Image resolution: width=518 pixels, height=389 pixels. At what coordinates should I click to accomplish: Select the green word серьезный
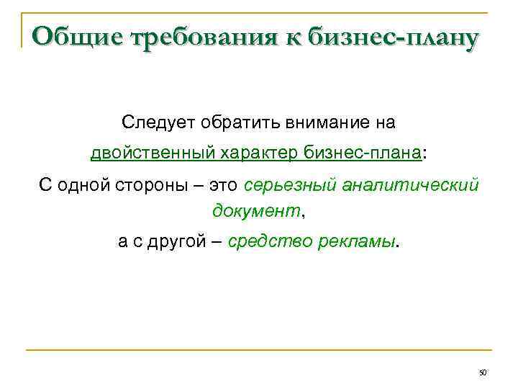point(292,186)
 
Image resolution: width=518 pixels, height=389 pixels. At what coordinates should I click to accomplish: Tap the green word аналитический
point(412,186)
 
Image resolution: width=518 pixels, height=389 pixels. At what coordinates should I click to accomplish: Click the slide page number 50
point(483,372)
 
